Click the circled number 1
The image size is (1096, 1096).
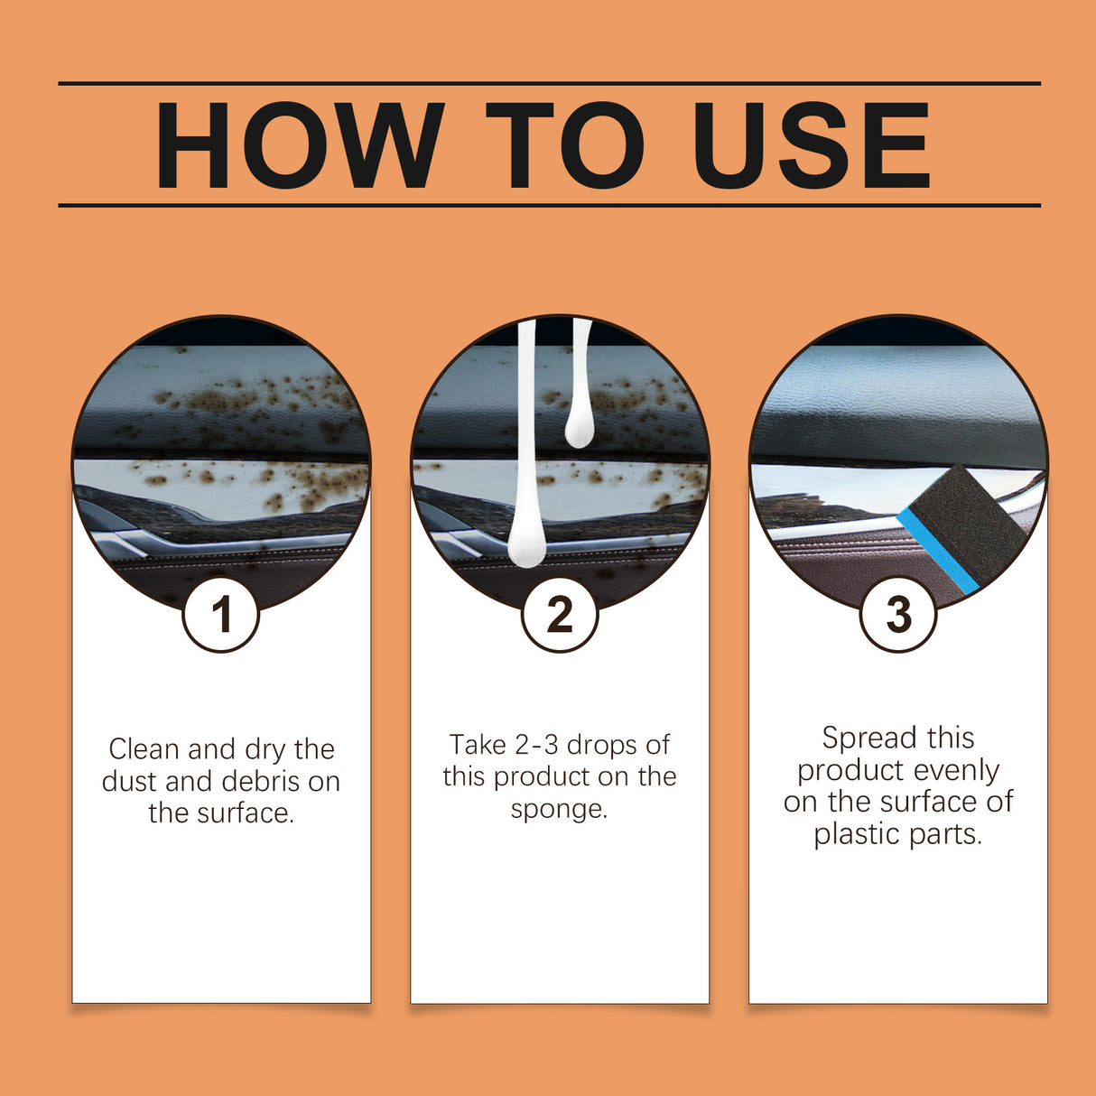pyautogui.click(x=221, y=615)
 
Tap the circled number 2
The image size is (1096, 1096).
pyautogui.click(x=560, y=615)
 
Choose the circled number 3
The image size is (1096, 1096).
pyautogui.click(x=898, y=615)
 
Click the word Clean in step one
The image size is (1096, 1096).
pyautogui.click(x=144, y=749)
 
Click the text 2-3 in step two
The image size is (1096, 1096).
pyautogui.click(x=537, y=745)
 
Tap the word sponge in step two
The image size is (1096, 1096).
pyautogui.click(x=556, y=809)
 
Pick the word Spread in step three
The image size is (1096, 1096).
pyautogui.click(x=859, y=738)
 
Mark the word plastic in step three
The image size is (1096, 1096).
pyautogui.click(x=854, y=834)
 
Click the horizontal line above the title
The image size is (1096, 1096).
pyautogui.click(x=549, y=83)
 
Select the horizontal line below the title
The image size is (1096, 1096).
pyautogui.click(x=549, y=205)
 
